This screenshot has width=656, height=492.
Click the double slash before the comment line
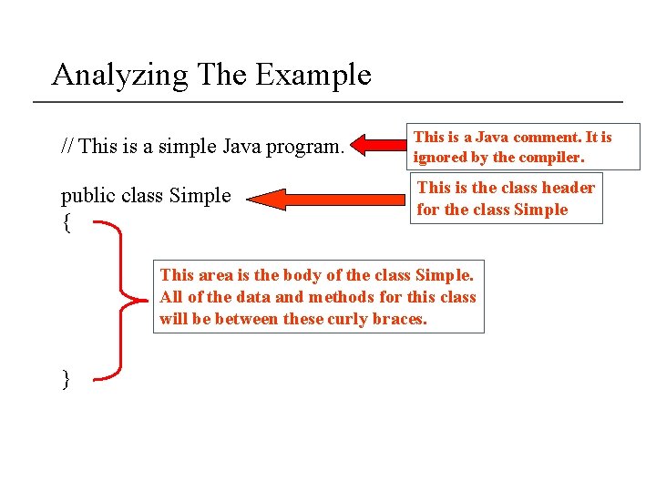[x=67, y=146]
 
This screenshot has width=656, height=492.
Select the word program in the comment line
[x=307, y=147]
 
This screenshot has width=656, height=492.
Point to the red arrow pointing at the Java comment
[x=377, y=145]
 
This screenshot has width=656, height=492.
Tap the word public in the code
[x=85, y=196]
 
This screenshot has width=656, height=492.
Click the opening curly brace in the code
[x=66, y=221]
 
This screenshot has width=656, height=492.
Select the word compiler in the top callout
[x=550, y=157]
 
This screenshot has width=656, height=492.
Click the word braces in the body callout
[x=400, y=318]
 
